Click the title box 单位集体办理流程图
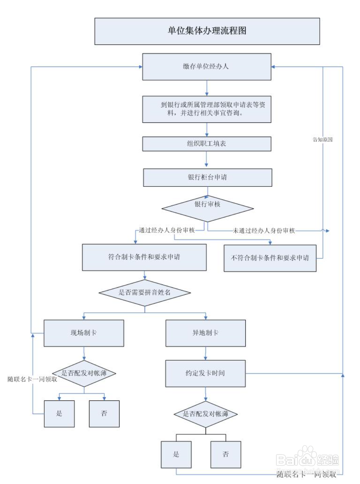pos(207,31)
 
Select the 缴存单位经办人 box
pos(207,67)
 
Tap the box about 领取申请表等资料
pos(207,109)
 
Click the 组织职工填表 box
pos(207,144)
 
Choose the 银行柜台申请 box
pos(207,177)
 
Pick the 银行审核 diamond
pos(208,208)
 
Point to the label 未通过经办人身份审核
pos(264,231)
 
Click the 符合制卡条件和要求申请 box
pos(144,257)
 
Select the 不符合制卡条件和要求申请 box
pos(270,258)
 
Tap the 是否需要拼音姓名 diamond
pos(145,293)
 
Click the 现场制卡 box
pos(84,333)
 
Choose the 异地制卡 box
pos(205,333)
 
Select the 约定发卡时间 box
pos(205,373)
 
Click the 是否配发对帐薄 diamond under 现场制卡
pos(84,373)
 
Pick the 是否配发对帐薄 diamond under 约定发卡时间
pos(205,414)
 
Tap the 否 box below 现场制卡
pos(104,414)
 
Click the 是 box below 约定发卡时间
pos(176,454)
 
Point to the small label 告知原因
pos(323,140)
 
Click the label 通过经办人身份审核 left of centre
pos(167,230)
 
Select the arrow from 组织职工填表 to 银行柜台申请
pos(207,160)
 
